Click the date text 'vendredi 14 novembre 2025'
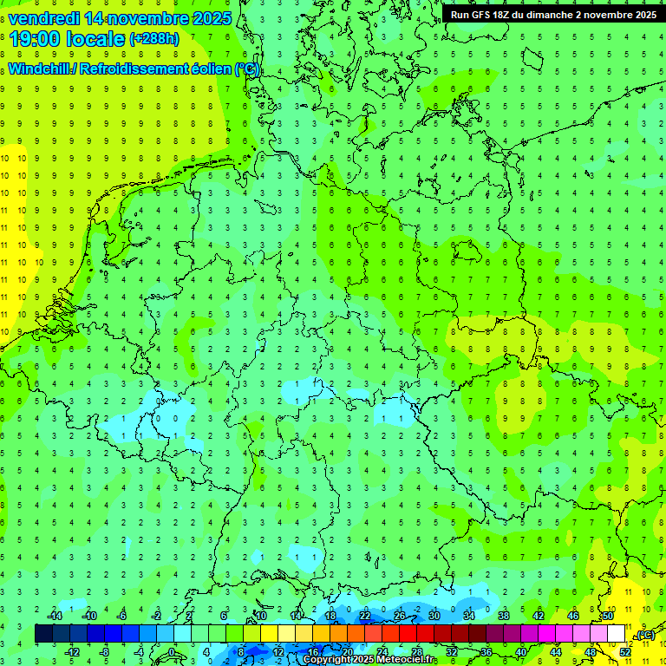pos(120,18)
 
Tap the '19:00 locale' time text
pos(68,39)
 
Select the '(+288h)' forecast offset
pos(154,39)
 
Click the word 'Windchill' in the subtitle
pos(39,69)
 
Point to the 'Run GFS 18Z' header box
pos(553,15)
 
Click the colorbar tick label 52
pos(625,652)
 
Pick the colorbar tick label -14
pos(56,616)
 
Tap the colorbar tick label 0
pos(172,652)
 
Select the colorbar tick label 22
pos(365,616)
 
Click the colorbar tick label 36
pos(486,652)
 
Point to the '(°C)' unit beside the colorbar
pos(645,636)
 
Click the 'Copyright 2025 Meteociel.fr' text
pos(369,660)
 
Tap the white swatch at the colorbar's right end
pos(616,634)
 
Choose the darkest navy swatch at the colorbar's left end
pos(43,634)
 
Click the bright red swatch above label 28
pos(408,634)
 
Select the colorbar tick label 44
pos(556,652)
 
